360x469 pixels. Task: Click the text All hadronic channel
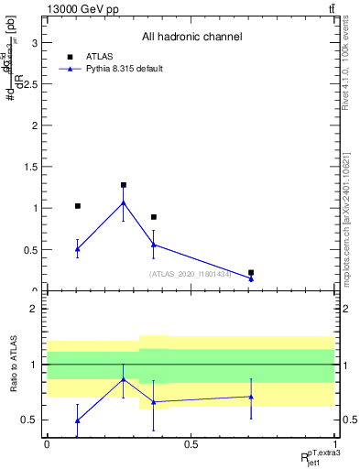[191, 37]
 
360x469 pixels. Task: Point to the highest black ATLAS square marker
[123, 185]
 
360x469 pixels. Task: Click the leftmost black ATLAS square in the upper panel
[78, 206]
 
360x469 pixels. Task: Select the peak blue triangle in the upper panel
[123, 202]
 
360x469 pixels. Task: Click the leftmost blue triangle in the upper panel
[78, 248]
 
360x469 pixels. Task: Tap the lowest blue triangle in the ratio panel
[78, 420]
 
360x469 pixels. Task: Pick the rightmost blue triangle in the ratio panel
[251, 397]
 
